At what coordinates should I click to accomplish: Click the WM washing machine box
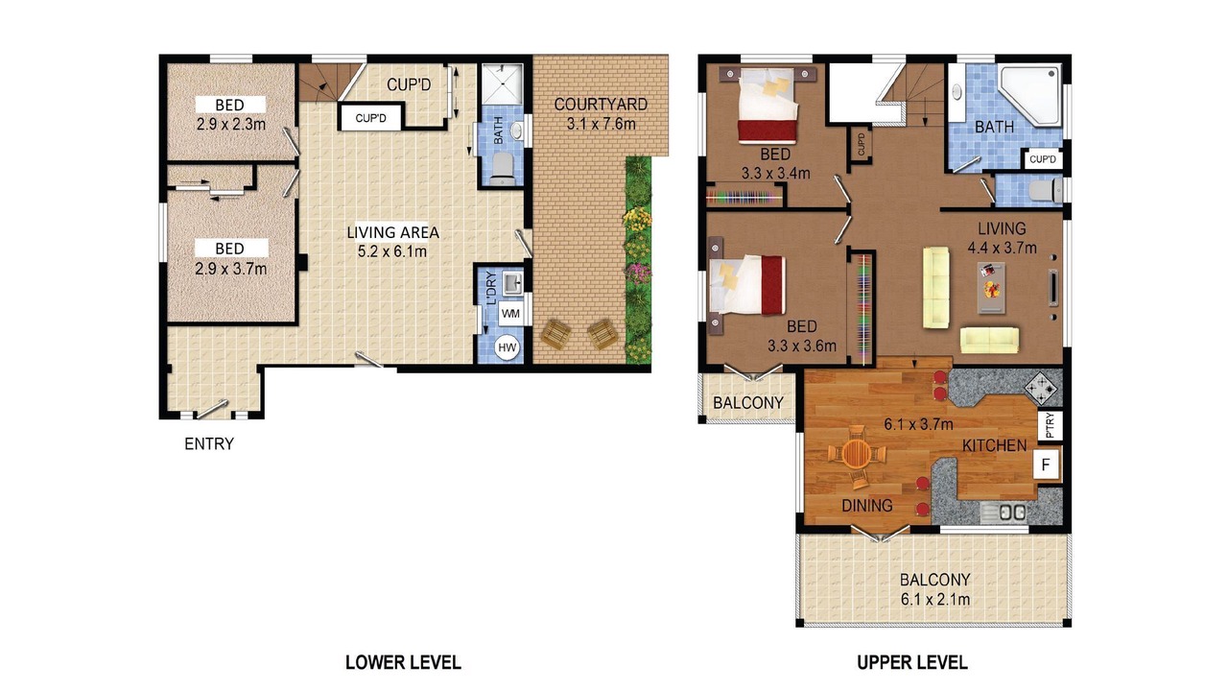(510, 314)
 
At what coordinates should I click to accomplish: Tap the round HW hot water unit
(507, 347)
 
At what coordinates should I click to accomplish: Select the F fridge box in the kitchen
(1046, 465)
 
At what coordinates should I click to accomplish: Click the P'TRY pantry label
(1050, 425)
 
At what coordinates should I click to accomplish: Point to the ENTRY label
(209, 443)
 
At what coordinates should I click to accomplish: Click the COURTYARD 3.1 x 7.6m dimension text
(601, 124)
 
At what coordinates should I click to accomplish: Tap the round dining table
(855, 454)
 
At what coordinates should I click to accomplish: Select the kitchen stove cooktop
(1040, 389)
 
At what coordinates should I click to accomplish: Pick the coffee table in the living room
(991, 287)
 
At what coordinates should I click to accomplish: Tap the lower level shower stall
(502, 83)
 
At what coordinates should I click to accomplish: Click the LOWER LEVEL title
(403, 662)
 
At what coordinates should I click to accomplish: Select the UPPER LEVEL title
(911, 662)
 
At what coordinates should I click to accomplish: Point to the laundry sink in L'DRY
(512, 284)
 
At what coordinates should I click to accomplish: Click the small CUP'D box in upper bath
(1042, 159)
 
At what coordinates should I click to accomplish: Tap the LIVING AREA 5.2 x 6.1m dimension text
(392, 251)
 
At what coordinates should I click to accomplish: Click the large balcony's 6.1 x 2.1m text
(934, 599)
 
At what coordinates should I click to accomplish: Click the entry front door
(212, 409)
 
